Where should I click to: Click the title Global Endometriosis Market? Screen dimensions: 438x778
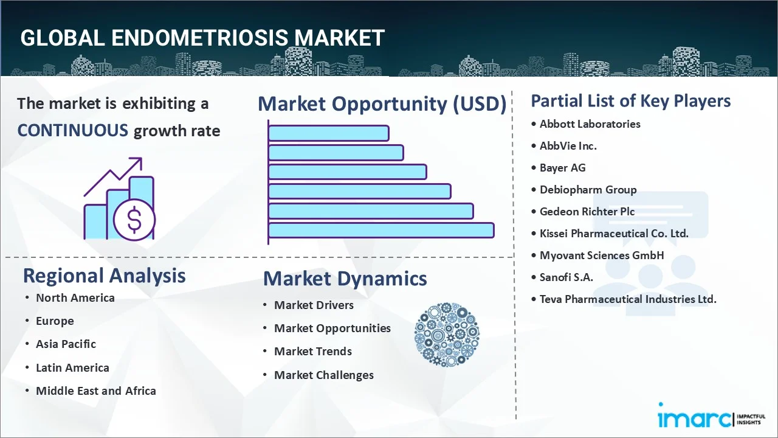pos(202,38)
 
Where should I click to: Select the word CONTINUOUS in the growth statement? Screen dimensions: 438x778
pos(72,130)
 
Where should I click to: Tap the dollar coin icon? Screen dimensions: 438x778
pos(134,220)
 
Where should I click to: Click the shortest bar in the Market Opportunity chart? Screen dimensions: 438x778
pos(328,133)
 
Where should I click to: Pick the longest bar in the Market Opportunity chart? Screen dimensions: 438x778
pos(381,230)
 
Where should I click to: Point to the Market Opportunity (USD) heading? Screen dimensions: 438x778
pos(382,104)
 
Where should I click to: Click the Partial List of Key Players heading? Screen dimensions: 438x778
pos(630,100)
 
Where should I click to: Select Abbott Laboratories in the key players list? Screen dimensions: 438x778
pos(590,124)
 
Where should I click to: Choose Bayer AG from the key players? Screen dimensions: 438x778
pos(562,168)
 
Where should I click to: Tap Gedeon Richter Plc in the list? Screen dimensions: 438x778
pos(587,212)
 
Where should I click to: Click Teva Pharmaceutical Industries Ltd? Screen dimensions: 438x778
pos(628,299)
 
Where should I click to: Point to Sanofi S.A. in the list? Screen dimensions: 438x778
pos(566,277)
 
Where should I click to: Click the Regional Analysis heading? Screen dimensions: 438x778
pos(104,276)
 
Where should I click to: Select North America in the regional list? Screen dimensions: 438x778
pos(75,298)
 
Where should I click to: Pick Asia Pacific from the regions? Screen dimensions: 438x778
pos(66,344)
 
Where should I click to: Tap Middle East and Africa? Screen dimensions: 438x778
pos(95,391)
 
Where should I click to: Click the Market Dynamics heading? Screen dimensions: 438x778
pos(345,279)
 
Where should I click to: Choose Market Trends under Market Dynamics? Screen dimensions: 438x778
pos(312,352)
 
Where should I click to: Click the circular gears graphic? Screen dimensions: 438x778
pos(447,335)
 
